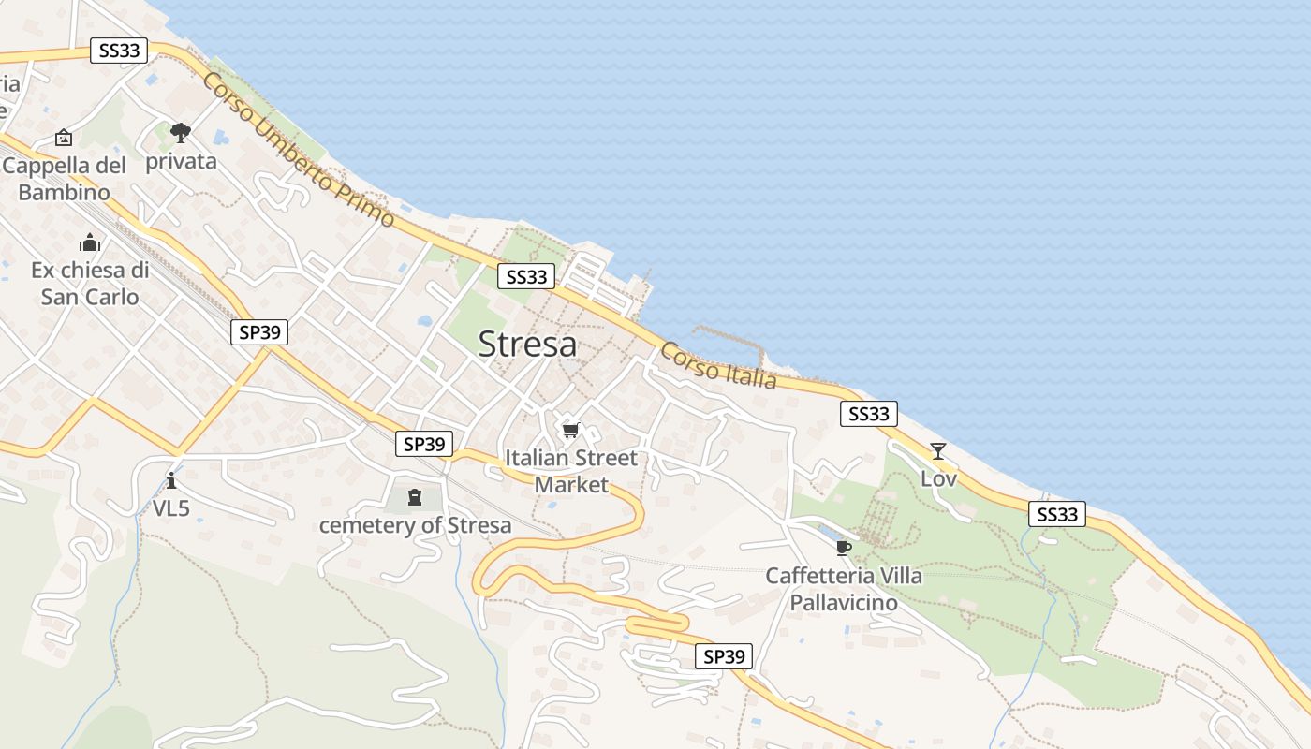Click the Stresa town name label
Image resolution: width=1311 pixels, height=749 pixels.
click(x=527, y=345)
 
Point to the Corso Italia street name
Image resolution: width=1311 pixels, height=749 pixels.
click(x=718, y=366)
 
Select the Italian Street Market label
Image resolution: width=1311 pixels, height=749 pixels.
click(x=571, y=471)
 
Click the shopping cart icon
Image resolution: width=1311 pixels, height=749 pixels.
click(x=570, y=431)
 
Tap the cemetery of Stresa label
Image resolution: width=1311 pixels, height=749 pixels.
click(x=416, y=525)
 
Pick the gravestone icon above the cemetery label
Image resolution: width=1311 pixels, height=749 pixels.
click(x=415, y=497)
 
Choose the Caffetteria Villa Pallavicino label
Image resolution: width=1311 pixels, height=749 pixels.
click(x=844, y=589)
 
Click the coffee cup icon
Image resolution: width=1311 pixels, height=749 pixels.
click(x=843, y=548)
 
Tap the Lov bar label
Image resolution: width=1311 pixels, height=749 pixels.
click(x=938, y=478)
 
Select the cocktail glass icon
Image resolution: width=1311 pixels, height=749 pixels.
click(x=937, y=451)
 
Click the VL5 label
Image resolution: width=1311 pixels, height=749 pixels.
click(x=171, y=508)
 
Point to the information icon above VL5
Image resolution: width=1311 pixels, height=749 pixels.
click(x=171, y=481)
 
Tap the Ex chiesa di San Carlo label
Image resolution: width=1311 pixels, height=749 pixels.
click(x=90, y=284)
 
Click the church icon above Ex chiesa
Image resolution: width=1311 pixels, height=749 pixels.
click(x=90, y=243)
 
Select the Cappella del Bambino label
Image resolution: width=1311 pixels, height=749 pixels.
click(x=64, y=179)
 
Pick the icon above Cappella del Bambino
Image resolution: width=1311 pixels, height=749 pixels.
click(x=63, y=139)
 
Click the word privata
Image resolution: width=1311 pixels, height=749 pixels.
click(x=181, y=161)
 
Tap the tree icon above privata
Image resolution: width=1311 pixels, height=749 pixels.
click(x=181, y=133)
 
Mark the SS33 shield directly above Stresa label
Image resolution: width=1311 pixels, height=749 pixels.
click(x=526, y=276)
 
